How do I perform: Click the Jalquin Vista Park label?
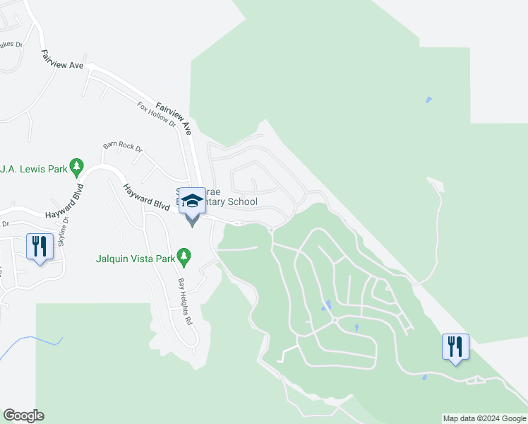point(135,259)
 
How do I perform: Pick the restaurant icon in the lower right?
point(455,346)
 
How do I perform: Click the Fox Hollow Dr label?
point(156,114)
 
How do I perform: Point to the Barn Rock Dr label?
point(122,148)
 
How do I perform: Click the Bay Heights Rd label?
point(185,300)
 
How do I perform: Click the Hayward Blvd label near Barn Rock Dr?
point(146,198)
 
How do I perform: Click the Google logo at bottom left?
point(23,416)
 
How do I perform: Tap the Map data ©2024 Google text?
point(484,418)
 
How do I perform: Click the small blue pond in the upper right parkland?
point(428,100)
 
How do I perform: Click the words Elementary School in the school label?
point(230,202)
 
